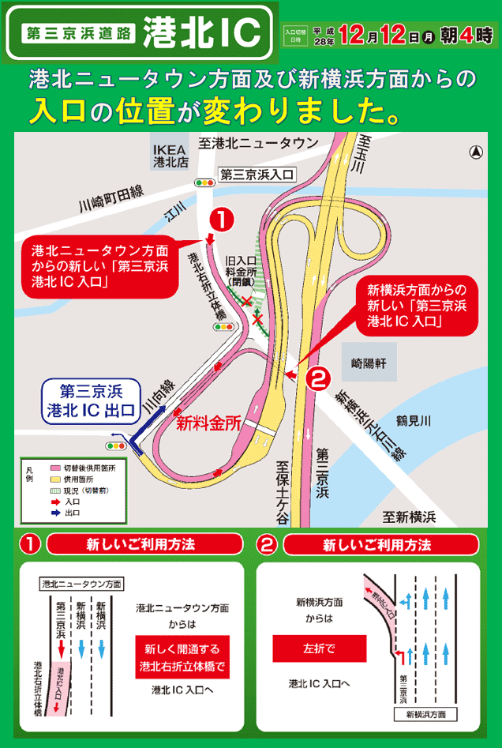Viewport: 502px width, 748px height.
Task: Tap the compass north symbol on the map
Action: click(x=476, y=152)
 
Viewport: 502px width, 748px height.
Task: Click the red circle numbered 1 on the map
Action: click(x=222, y=219)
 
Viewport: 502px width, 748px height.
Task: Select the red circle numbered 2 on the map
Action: click(x=317, y=379)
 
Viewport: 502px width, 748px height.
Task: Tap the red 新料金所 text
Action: click(x=208, y=423)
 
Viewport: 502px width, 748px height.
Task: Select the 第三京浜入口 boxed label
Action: click(x=256, y=175)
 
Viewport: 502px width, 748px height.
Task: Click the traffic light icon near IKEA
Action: click(x=206, y=183)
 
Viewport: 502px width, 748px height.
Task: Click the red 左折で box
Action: click(x=319, y=648)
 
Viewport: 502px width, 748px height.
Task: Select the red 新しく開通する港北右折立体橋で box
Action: click(x=182, y=656)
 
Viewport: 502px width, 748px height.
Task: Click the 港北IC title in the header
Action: click(x=204, y=32)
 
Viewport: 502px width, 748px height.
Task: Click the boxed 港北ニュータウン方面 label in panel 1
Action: click(x=82, y=584)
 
